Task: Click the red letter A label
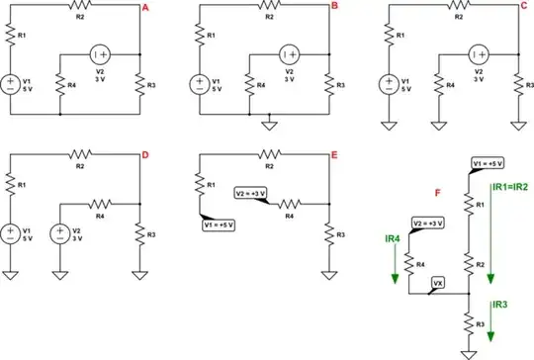[146, 8]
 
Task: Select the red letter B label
[334, 8]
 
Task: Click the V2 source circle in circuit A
[101, 54]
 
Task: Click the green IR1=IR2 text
[509, 185]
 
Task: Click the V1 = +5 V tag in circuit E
[220, 224]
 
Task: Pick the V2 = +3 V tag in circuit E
[251, 193]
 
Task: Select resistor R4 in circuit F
[406, 262]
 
